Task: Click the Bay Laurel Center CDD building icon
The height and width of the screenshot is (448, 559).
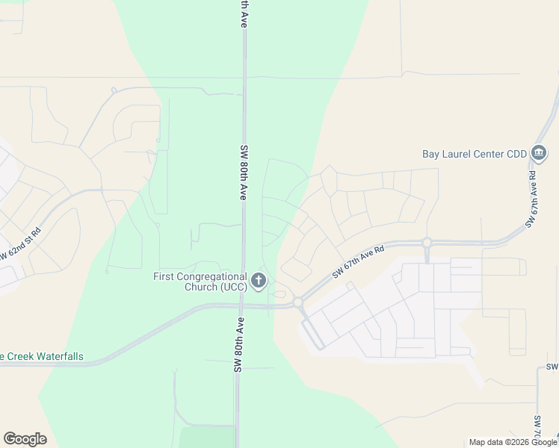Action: coord(539,154)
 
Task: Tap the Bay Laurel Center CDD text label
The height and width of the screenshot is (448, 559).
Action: coord(475,155)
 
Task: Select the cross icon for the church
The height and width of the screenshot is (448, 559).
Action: coord(259,281)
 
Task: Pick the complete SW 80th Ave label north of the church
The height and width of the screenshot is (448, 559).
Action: coord(244,171)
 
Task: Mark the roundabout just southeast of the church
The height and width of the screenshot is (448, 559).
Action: coord(297,302)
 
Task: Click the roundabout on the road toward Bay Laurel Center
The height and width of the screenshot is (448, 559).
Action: coord(427,243)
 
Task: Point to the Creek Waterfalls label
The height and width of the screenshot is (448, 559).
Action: coord(42,357)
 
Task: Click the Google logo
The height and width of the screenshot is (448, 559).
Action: coord(25,439)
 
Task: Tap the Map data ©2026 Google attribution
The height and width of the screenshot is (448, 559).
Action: coord(513,442)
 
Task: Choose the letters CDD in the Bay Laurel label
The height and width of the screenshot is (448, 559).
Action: coord(515,155)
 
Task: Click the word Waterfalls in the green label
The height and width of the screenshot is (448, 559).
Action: coord(58,357)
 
